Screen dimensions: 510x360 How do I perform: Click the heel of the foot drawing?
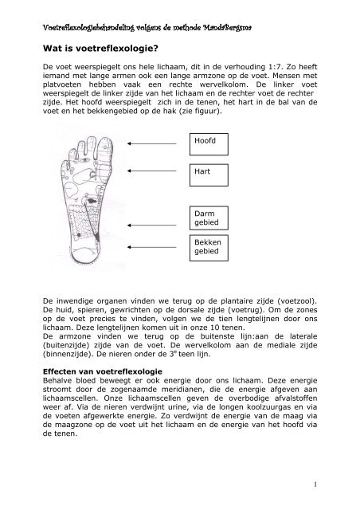[88, 259]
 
